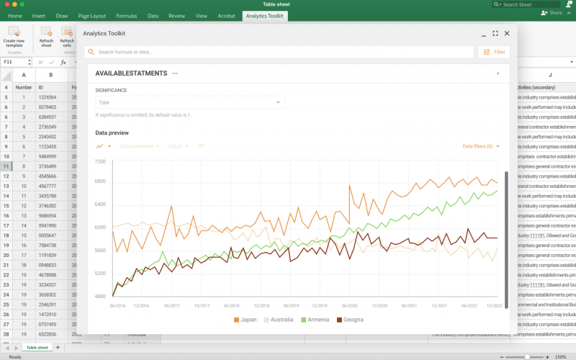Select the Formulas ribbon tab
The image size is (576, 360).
pos(126,15)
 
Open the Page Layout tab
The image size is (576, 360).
pos(91,15)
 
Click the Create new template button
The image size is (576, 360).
pos(14,37)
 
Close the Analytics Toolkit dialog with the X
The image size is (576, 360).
pos(507,33)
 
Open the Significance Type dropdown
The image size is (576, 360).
pos(190,102)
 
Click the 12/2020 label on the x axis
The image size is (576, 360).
pos(379,305)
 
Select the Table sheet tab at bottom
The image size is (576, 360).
pos(37,348)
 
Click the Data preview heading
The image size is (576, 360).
pos(112,132)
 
